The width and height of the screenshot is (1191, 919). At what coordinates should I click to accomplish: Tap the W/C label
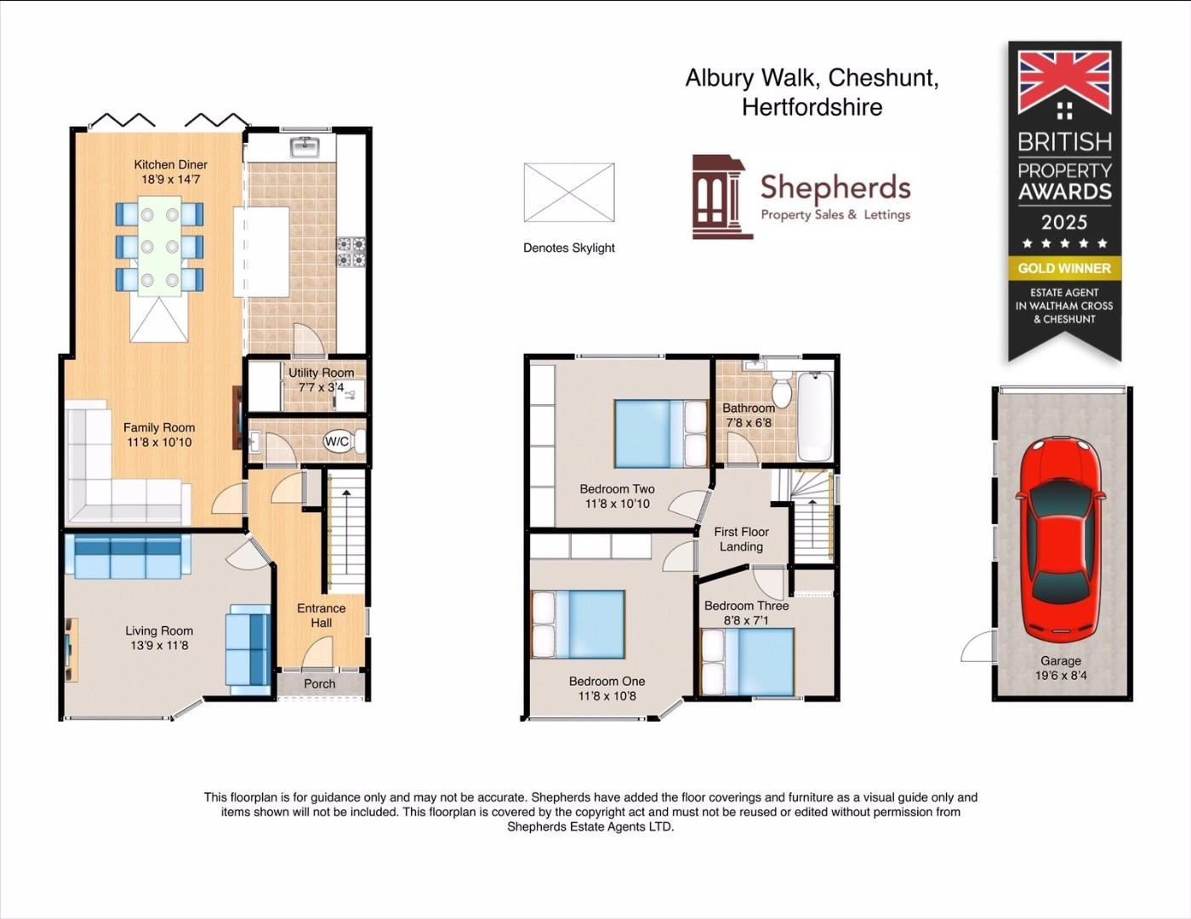tap(337, 442)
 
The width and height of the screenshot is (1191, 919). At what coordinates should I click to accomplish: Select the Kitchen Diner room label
tap(170, 165)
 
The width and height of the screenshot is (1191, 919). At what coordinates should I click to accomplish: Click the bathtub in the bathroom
tap(814, 416)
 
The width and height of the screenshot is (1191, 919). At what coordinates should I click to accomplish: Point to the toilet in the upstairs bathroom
tap(782, 391)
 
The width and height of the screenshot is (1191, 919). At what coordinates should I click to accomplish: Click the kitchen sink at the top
tap(304, 147)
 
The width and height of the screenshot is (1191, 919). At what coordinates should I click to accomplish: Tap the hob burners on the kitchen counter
tap(350, 252)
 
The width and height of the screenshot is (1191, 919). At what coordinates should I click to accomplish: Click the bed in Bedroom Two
tap(660, 434)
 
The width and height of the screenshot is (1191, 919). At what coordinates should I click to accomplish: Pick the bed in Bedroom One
tap(578, 625)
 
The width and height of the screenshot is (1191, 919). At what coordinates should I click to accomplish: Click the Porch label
tap(320, 683)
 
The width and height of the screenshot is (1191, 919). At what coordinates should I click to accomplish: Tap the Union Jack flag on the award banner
tap(1064, 81)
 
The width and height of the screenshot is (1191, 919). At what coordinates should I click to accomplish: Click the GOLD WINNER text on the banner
tap(1064, 268)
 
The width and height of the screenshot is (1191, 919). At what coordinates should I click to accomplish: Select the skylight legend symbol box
tap(568, 192)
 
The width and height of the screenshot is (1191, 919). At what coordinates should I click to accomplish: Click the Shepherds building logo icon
tap(719, 197)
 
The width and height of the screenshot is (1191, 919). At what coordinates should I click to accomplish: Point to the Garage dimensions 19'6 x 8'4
tap(1061, 676)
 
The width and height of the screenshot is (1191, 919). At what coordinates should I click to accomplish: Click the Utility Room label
tap(321, 373)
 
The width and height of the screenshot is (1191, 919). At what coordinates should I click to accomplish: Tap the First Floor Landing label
tap(741, 539)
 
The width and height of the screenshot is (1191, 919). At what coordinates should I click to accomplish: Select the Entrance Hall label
tap(321, 615)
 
